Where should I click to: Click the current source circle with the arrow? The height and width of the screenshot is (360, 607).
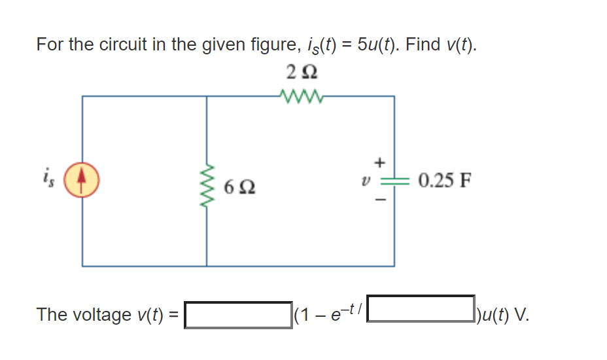[81, 181]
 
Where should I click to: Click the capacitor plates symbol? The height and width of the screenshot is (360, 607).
[394, 181]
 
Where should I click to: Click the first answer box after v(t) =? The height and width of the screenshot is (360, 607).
[238, 315]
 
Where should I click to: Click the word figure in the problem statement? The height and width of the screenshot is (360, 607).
[245, 46]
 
